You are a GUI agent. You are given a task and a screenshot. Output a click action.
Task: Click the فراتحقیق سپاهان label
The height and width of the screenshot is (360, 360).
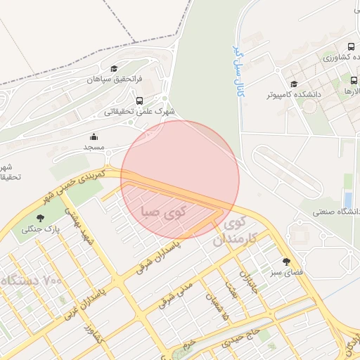click(115, 80)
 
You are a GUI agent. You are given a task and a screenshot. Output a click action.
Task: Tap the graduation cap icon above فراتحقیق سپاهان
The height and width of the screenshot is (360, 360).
click(115, 68)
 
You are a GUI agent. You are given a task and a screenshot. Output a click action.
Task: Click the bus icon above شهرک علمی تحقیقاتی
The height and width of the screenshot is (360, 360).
click(139, 100)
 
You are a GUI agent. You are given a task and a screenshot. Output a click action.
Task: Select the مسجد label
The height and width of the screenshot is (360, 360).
click(94, 148)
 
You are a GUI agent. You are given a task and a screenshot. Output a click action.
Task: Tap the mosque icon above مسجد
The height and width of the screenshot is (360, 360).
click(94, 136)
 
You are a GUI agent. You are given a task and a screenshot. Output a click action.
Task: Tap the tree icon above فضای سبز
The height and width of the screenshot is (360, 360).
click(285, 260)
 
